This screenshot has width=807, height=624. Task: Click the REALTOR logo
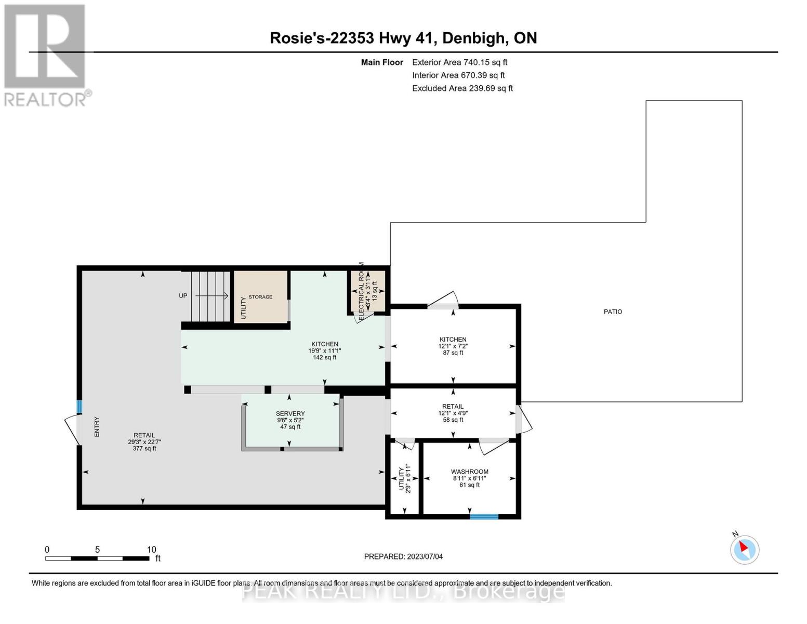[x=46, y=55]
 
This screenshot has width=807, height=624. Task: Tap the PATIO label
[x=613, y=311]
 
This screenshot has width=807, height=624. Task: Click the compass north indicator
[x=744, y=549]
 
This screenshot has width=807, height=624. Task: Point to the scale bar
[x=97, y=558]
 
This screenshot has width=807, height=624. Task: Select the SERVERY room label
[x=290, y=413]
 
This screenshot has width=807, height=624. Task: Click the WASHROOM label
[x=469, y=472]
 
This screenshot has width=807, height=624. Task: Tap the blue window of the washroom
[x=484, y=516]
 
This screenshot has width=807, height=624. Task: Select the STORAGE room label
[x=260, y=297]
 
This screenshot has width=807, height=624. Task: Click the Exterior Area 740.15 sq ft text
[x=459, y=62]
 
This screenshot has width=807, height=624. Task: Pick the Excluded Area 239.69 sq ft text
[x=462, y=88]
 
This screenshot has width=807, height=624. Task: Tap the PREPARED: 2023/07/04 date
[x=403, y=556]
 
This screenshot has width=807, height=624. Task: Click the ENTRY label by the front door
[x=97, y=426]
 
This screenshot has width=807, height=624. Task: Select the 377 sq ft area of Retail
[x=144, y=448]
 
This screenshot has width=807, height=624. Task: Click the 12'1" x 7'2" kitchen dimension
[x=453, y=346]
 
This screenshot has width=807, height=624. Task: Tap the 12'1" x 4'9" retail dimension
[x=453, y=413]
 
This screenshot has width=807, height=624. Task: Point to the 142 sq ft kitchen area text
[x=324, y=357]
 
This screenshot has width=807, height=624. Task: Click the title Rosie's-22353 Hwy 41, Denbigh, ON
[x=403, y=38]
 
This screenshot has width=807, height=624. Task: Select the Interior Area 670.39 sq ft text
[x=458, y=75]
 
